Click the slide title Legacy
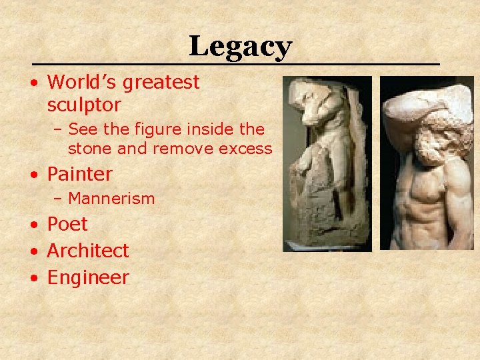[240, 47]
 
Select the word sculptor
[84, 105]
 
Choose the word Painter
[79, 174]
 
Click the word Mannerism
[111, 198]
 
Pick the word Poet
[67, 224]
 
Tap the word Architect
[88, 251]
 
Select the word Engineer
[88, 277]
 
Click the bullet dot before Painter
[33, 175]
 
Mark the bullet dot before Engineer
[33, 278]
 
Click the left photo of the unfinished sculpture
[326, 163]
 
